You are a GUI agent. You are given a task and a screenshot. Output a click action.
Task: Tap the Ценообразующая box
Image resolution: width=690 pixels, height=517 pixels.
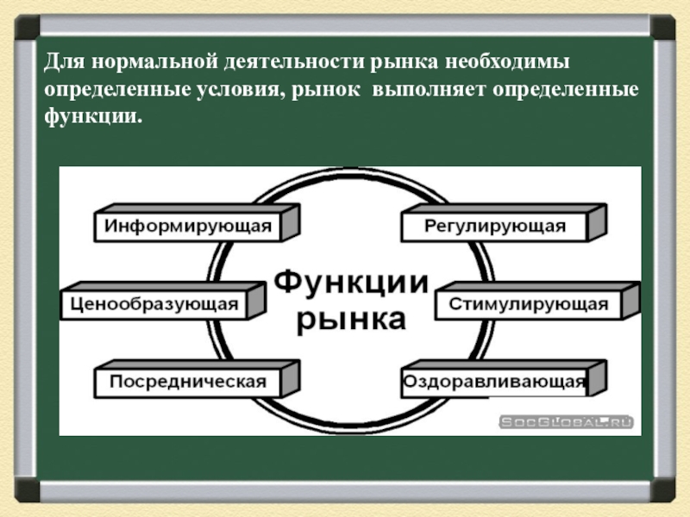[x=154, y=304]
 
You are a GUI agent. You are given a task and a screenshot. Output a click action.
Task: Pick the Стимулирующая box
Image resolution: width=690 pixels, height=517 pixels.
[x=528, y=304]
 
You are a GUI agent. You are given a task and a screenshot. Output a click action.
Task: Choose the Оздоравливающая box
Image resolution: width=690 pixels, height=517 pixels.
[x=494, y=382]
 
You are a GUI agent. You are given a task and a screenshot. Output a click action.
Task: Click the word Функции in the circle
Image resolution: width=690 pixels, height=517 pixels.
[x=350, y=283]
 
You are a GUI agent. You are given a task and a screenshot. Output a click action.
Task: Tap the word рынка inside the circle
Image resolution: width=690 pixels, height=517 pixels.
[x=350, y=320]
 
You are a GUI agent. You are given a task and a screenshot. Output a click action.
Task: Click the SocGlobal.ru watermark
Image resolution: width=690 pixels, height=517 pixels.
[x=567, y=421]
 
